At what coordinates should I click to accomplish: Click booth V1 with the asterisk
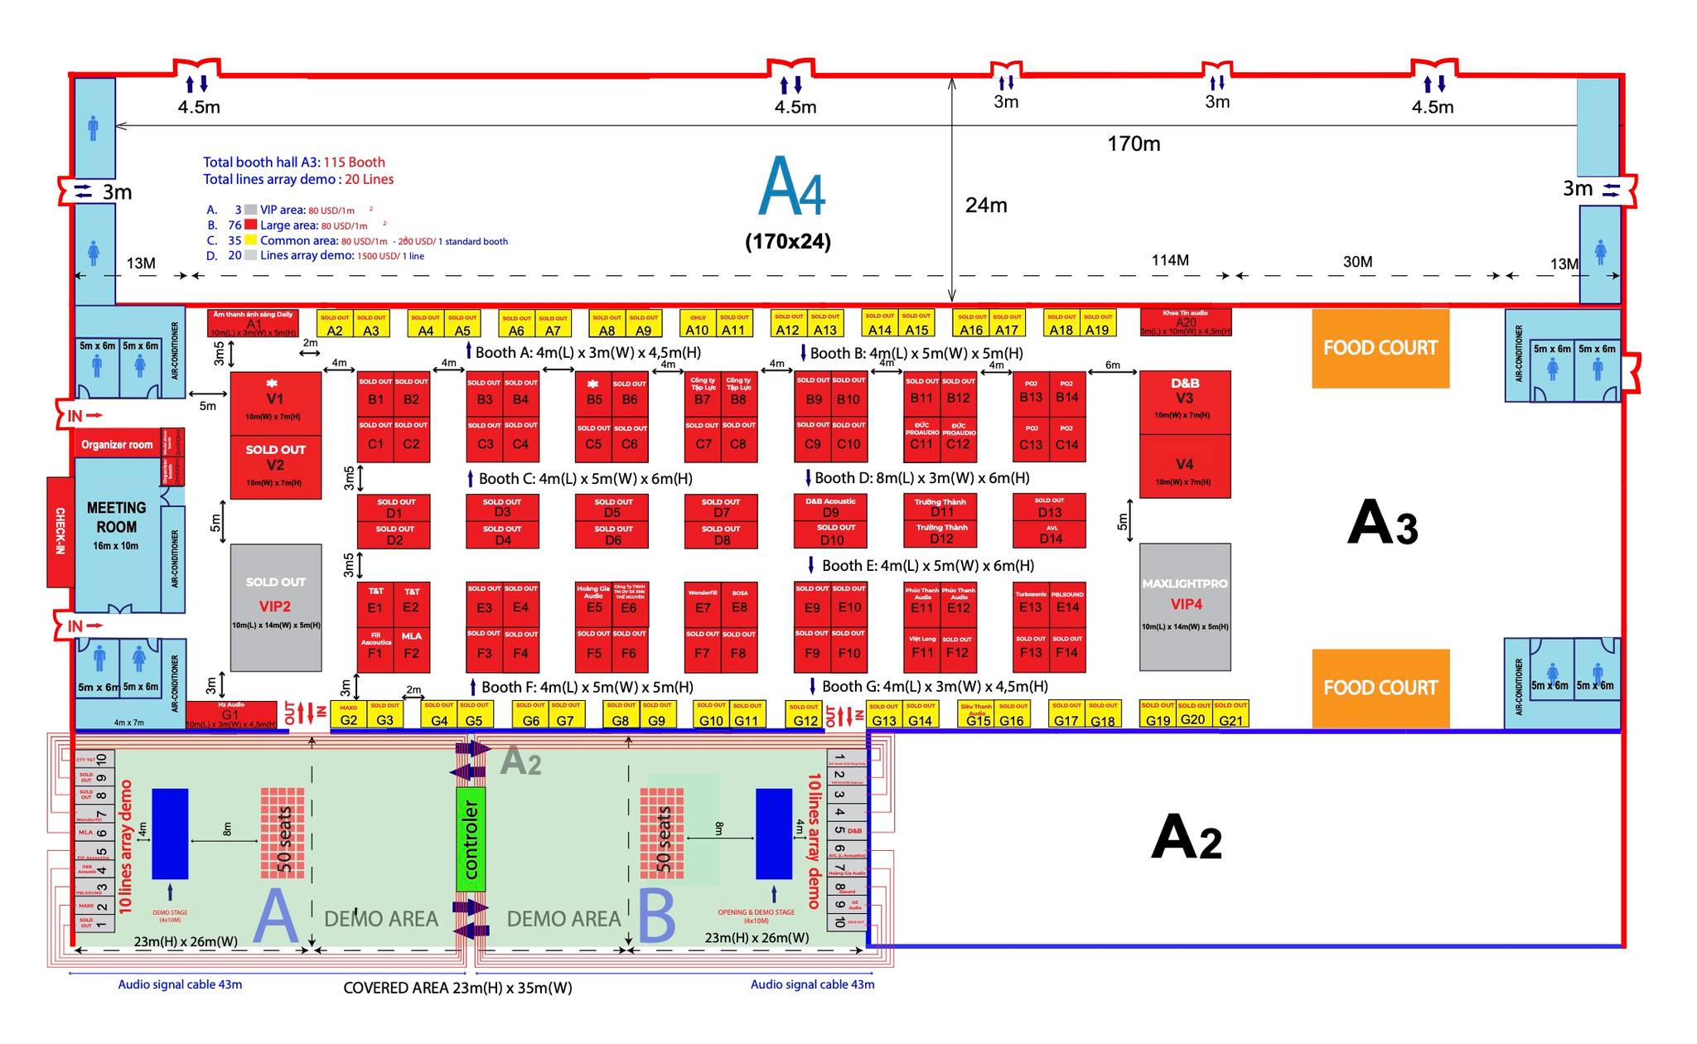click(x=275, y=403)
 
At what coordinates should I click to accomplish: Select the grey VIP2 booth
click(x=275, y=607)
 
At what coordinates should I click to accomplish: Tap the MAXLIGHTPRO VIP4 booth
click(x=1185, y=607)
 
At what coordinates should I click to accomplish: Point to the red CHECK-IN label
click(x=60, y=531)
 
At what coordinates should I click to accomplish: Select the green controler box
click(x=471, y=839)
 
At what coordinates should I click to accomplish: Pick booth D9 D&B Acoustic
click(x=830, y=507)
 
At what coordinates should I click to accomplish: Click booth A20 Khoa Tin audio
click(x=1185, y=321)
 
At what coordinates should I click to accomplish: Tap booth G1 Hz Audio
click(x=230, y=714)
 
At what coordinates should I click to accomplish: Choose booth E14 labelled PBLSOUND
click(x=1067, y=603)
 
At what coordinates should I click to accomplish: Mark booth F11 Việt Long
click(x=922, y=648)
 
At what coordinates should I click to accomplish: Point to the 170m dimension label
click(x=1134, y=144)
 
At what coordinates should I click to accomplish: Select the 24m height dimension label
click(x=986, y=205)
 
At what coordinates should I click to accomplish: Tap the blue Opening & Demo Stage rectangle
click(x=773, y=834)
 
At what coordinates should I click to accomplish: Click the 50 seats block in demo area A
click(x=283, y=833)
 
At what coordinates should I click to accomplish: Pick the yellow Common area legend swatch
click(x=250, y=240)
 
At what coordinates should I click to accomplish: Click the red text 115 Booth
click(x=354, y=162)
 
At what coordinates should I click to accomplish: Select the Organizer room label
click(x=117, y=445)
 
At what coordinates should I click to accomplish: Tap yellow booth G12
click(x=805, y=716)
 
